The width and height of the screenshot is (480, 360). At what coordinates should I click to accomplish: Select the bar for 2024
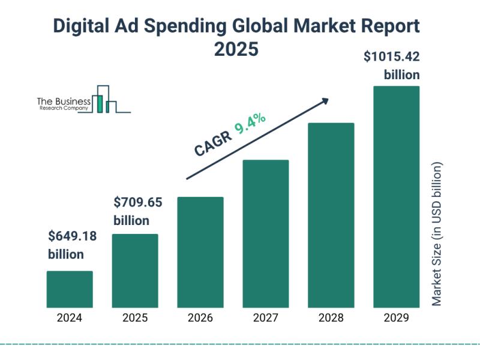[x=70, y=289]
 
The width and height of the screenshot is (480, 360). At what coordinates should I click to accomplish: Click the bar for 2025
[x=135, y=271]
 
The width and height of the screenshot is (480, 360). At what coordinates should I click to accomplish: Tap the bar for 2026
[x=200, y=252]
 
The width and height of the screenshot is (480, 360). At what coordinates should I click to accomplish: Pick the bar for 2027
[x=266, y=233]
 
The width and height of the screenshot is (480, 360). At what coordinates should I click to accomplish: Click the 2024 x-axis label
[x=70, y=318]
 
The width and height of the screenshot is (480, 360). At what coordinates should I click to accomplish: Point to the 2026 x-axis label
[x=200, y=318]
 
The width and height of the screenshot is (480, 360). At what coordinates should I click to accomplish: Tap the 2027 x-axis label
[x=266, y=318]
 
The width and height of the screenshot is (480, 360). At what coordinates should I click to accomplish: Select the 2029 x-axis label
[x=397, y=318]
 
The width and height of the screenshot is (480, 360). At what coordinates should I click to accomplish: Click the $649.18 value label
[x=72, y=236]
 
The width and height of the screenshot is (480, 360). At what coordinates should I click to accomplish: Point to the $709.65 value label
[x=138, y=203]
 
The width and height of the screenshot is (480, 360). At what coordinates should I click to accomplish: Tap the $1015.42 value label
[x=392, y=58]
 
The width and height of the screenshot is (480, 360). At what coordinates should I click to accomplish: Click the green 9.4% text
[x=251, y=125]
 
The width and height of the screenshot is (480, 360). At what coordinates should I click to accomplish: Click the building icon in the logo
[x=106, y=100]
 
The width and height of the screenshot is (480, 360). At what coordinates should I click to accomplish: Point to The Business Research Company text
[x=64, y=104]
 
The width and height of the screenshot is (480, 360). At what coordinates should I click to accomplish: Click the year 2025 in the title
[x=236, y=49]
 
